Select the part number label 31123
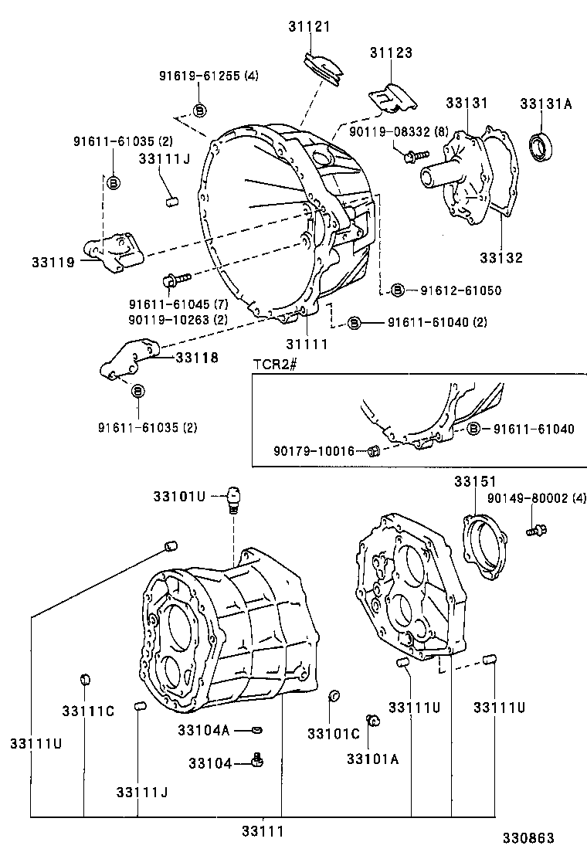pos(390,53)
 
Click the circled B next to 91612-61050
pos(396,290)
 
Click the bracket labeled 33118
pos(127,360)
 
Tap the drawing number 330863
pos(527,837)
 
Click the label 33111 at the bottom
pos(263,831)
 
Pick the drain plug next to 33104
pos(258,762)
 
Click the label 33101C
pos(334,732)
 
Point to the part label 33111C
pos(88,711)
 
